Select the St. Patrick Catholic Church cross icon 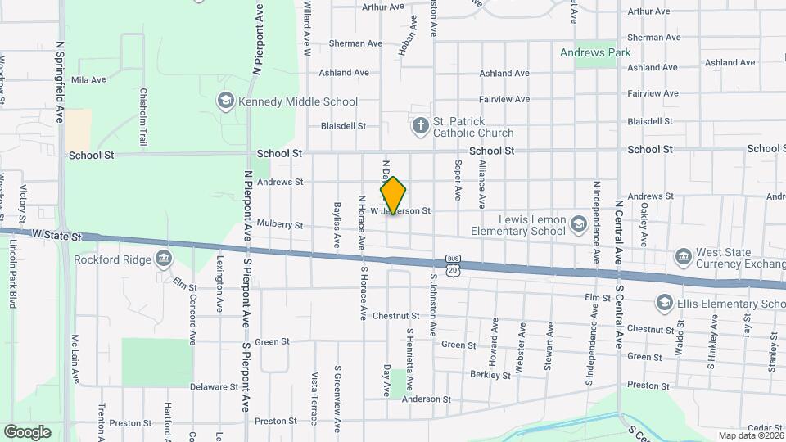click(420, 126)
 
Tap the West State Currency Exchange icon click(683, 258)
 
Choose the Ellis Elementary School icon click(665, 304)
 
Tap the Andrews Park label click(595, 52)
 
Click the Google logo click(27, 432)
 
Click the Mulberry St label click(279, 224)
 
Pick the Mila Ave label click(89, 80)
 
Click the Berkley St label click(490, 376)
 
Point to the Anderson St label click(422, 399)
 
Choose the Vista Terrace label click(314, 399)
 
